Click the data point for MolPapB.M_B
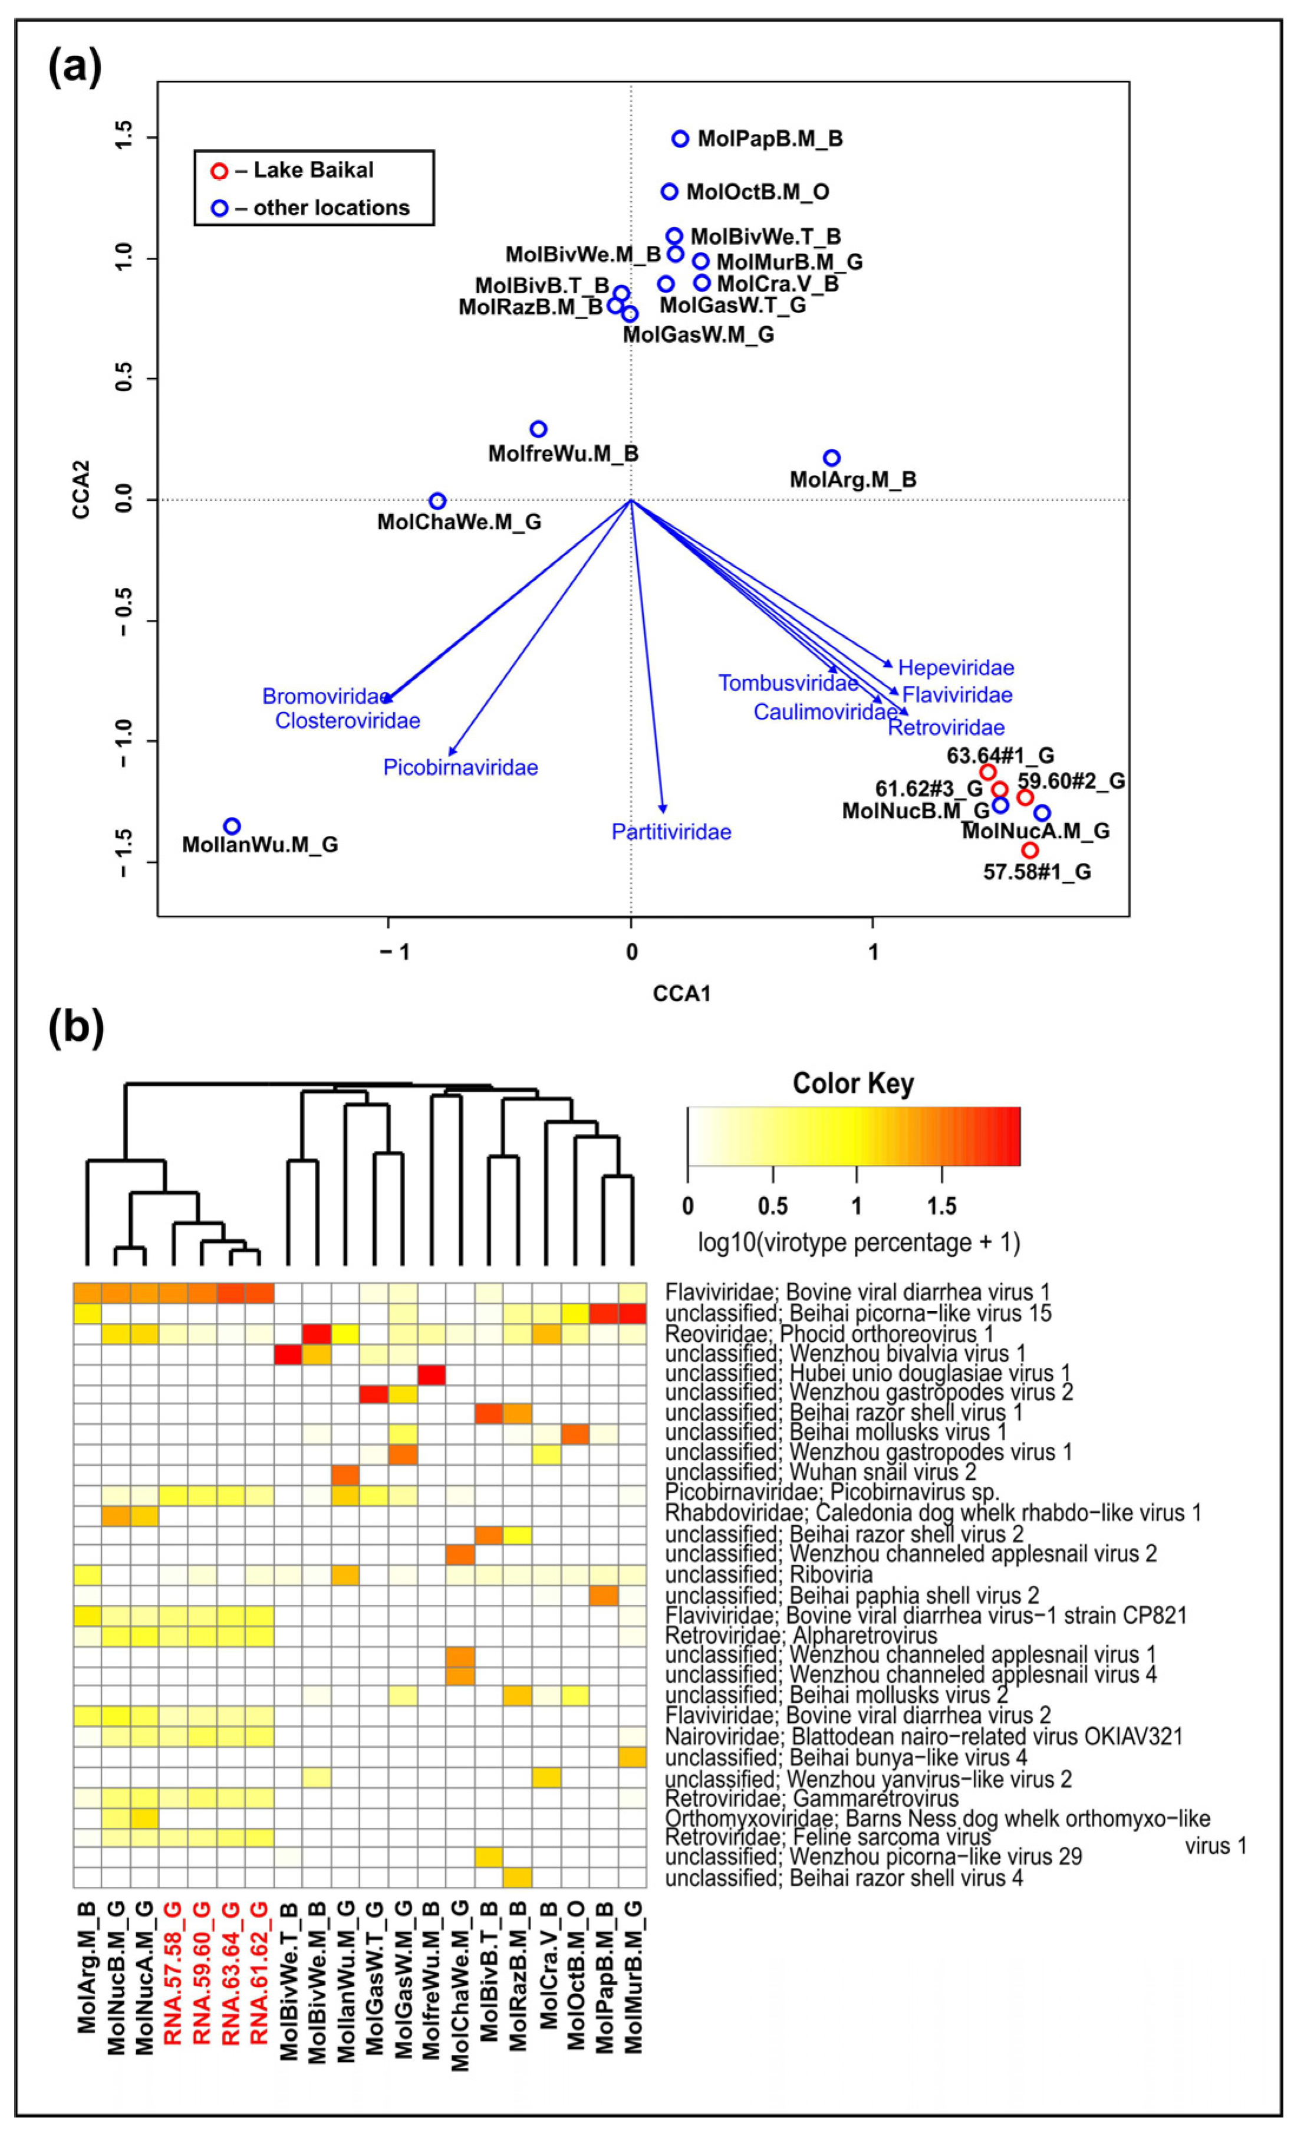click(680, 139)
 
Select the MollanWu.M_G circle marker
click(232, 826)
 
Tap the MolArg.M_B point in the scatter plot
click(831, 457)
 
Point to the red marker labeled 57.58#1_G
click(1029, 851)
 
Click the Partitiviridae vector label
click(671, 832)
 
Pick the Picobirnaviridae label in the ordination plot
click(460, 767)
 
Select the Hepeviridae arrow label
click(956, 668)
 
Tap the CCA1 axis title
click(681, 993)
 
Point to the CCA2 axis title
click(83, 490)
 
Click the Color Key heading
click(853, 1084)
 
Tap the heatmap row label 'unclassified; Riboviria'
click(769, 1574)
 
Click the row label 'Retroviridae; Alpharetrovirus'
click(801, 1635)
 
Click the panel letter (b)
click(76, 1026)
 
